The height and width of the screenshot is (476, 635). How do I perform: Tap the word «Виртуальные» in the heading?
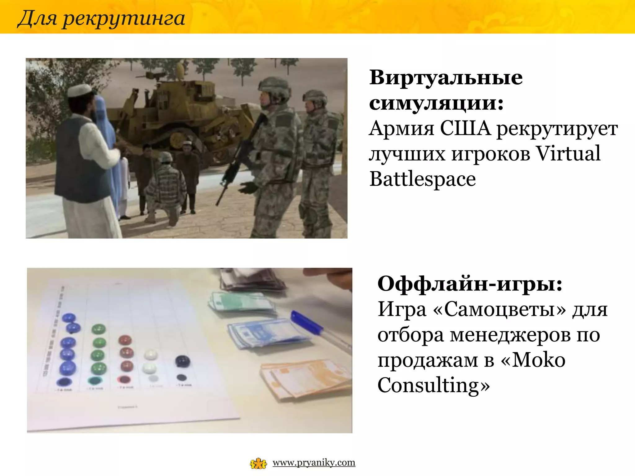(446, 77)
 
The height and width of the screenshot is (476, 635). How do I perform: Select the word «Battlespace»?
(422, 179)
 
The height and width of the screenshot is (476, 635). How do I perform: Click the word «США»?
(465, 128)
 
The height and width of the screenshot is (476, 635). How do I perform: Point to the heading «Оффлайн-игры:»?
(469, 284)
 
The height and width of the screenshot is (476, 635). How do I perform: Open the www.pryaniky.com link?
(314, 463)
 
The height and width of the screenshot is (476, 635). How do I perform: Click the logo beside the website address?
(258, 464)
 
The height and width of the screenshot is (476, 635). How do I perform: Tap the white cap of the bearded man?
(79, 90)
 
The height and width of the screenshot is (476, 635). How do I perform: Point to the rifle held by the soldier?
(239, 158)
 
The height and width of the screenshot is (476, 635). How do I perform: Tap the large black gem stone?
(182, 361)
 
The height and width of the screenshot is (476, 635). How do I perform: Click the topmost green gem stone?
(99, 329)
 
